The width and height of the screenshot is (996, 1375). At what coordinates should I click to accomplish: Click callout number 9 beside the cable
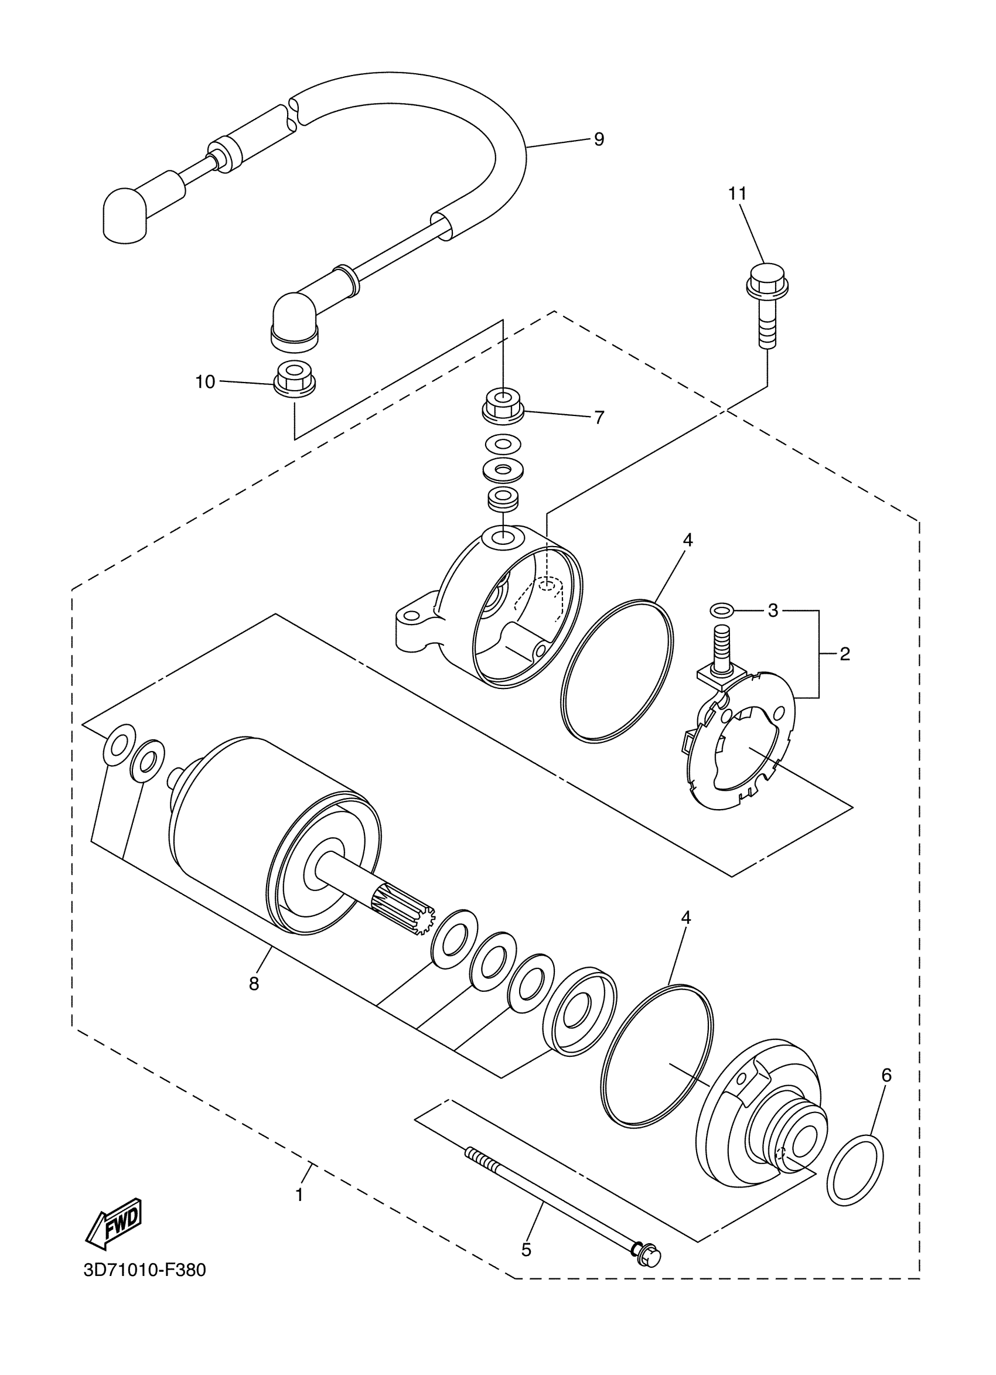point(598,139)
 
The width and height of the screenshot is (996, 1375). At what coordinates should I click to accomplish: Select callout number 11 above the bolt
point(737,194)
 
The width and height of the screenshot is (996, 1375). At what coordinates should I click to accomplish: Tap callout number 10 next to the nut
point(206,382)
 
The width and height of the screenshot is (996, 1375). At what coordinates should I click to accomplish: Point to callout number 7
point(599,418)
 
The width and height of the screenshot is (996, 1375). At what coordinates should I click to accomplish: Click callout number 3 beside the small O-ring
point(773,610)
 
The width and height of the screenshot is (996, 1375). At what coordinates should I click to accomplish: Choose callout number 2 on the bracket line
point(844,654)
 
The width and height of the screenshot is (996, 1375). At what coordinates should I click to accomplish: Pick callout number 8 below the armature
point(254,983)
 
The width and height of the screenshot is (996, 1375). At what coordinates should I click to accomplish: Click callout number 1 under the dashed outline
point(299,1196)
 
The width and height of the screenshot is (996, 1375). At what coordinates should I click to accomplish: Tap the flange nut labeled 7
point(503,404)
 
